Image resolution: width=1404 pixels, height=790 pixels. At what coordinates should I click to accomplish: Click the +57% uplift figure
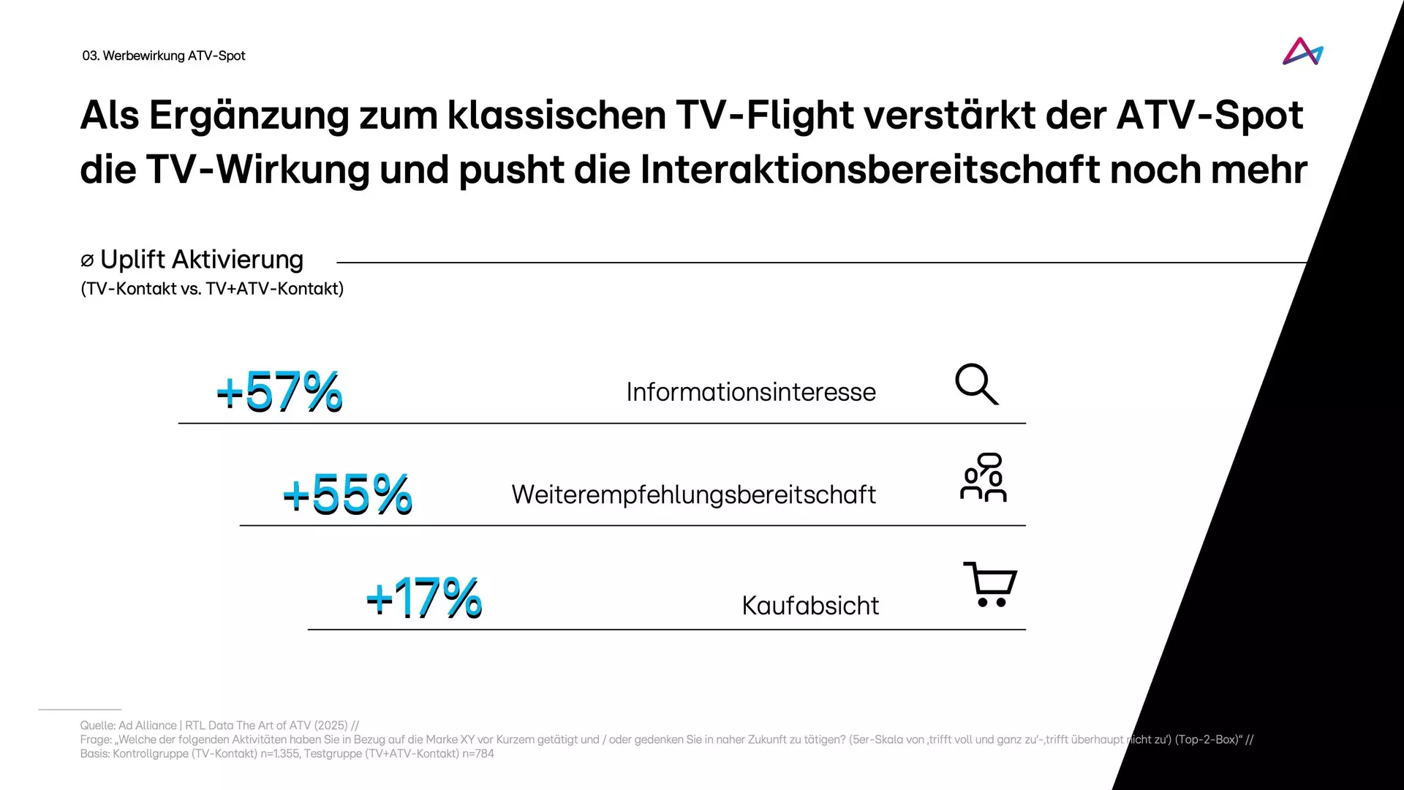coord(279,391)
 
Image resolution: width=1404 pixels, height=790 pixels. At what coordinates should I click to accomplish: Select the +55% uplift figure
coord(347,494)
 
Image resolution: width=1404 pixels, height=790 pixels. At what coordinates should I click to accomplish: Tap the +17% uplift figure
coord(424,598)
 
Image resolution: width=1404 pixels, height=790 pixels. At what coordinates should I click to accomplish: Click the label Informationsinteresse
coord(751,392)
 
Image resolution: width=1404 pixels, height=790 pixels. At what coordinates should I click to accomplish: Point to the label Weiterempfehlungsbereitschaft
coord(693,494)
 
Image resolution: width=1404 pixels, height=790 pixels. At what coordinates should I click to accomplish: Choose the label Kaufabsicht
coord(810,606)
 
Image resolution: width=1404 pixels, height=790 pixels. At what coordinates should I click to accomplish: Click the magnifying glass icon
coord(976,384)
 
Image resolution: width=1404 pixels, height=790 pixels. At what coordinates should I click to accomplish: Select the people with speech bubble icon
coord(984,478)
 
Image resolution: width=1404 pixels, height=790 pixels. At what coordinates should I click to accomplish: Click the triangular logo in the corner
coord(1302,52)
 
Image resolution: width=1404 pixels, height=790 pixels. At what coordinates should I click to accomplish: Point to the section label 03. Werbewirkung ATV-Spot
coord(164,56)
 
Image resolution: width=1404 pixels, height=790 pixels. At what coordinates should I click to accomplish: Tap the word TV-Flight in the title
coord(766,116)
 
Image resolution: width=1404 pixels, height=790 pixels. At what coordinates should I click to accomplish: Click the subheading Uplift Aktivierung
coord(201,260)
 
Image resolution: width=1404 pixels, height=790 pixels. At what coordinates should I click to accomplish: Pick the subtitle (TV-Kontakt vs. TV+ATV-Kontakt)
coord(212,289)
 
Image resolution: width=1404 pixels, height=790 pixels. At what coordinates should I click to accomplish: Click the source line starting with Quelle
coord(219,726)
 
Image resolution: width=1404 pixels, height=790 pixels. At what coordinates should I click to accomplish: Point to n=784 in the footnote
coord(478,753)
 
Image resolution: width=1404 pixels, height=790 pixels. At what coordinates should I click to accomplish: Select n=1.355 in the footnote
coord(280,753)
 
